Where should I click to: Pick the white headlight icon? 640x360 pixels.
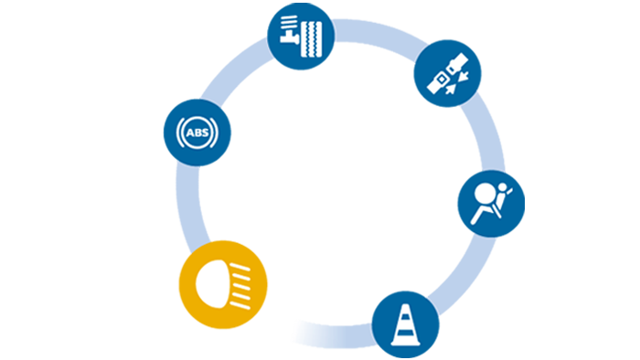point(225,281)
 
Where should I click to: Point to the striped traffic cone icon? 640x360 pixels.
point(403,324)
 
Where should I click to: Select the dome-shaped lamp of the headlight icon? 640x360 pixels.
point(215,281)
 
